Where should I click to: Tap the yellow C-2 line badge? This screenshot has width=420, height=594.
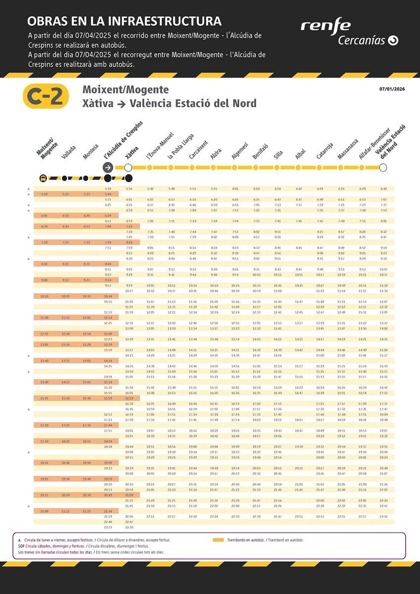[x=46, y=96]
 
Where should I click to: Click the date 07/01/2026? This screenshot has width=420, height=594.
[x=392, y=89]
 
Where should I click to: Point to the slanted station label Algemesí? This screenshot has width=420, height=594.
[x=240, y=151]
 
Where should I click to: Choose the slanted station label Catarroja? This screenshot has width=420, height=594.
[x=325, y=151]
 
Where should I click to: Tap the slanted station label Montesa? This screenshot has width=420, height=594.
[x=91, y=151]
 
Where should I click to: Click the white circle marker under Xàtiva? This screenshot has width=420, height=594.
[x=128, y=167]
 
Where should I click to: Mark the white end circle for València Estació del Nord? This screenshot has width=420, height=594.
[x=383, y=167]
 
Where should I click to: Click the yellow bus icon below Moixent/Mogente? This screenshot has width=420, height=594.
[x=43, y=178]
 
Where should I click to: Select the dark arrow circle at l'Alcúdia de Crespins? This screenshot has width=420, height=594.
[x=108, y=167]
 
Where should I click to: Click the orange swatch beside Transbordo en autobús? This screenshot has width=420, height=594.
[x=218, y=540]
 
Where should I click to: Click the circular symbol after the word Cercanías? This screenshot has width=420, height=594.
[x=393, y=41]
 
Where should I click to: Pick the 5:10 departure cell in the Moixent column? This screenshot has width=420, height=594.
[x=44, y=194]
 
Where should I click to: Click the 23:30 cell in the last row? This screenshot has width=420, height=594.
[x=129, y=527]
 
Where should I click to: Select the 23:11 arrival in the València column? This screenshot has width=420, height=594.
[x=383, y=516]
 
